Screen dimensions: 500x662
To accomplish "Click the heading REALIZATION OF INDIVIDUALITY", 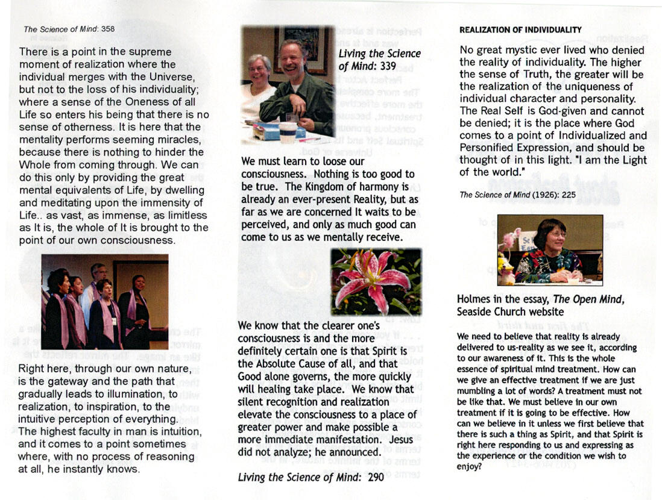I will [520, 30].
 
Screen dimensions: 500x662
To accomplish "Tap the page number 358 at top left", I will [108, 28].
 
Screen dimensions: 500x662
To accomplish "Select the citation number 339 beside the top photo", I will [384, 66].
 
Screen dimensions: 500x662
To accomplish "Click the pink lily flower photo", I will [376, 281].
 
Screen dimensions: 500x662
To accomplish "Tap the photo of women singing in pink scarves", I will [104, 301].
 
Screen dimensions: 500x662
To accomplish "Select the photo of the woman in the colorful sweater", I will [550, 249].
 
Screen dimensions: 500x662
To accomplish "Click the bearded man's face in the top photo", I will [294, 58].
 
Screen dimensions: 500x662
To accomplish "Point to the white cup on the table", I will [288, 131].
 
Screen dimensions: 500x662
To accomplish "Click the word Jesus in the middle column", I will [401, 439].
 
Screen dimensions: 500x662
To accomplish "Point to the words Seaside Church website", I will [510, 311].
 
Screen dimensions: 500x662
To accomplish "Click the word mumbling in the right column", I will [479, 391].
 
